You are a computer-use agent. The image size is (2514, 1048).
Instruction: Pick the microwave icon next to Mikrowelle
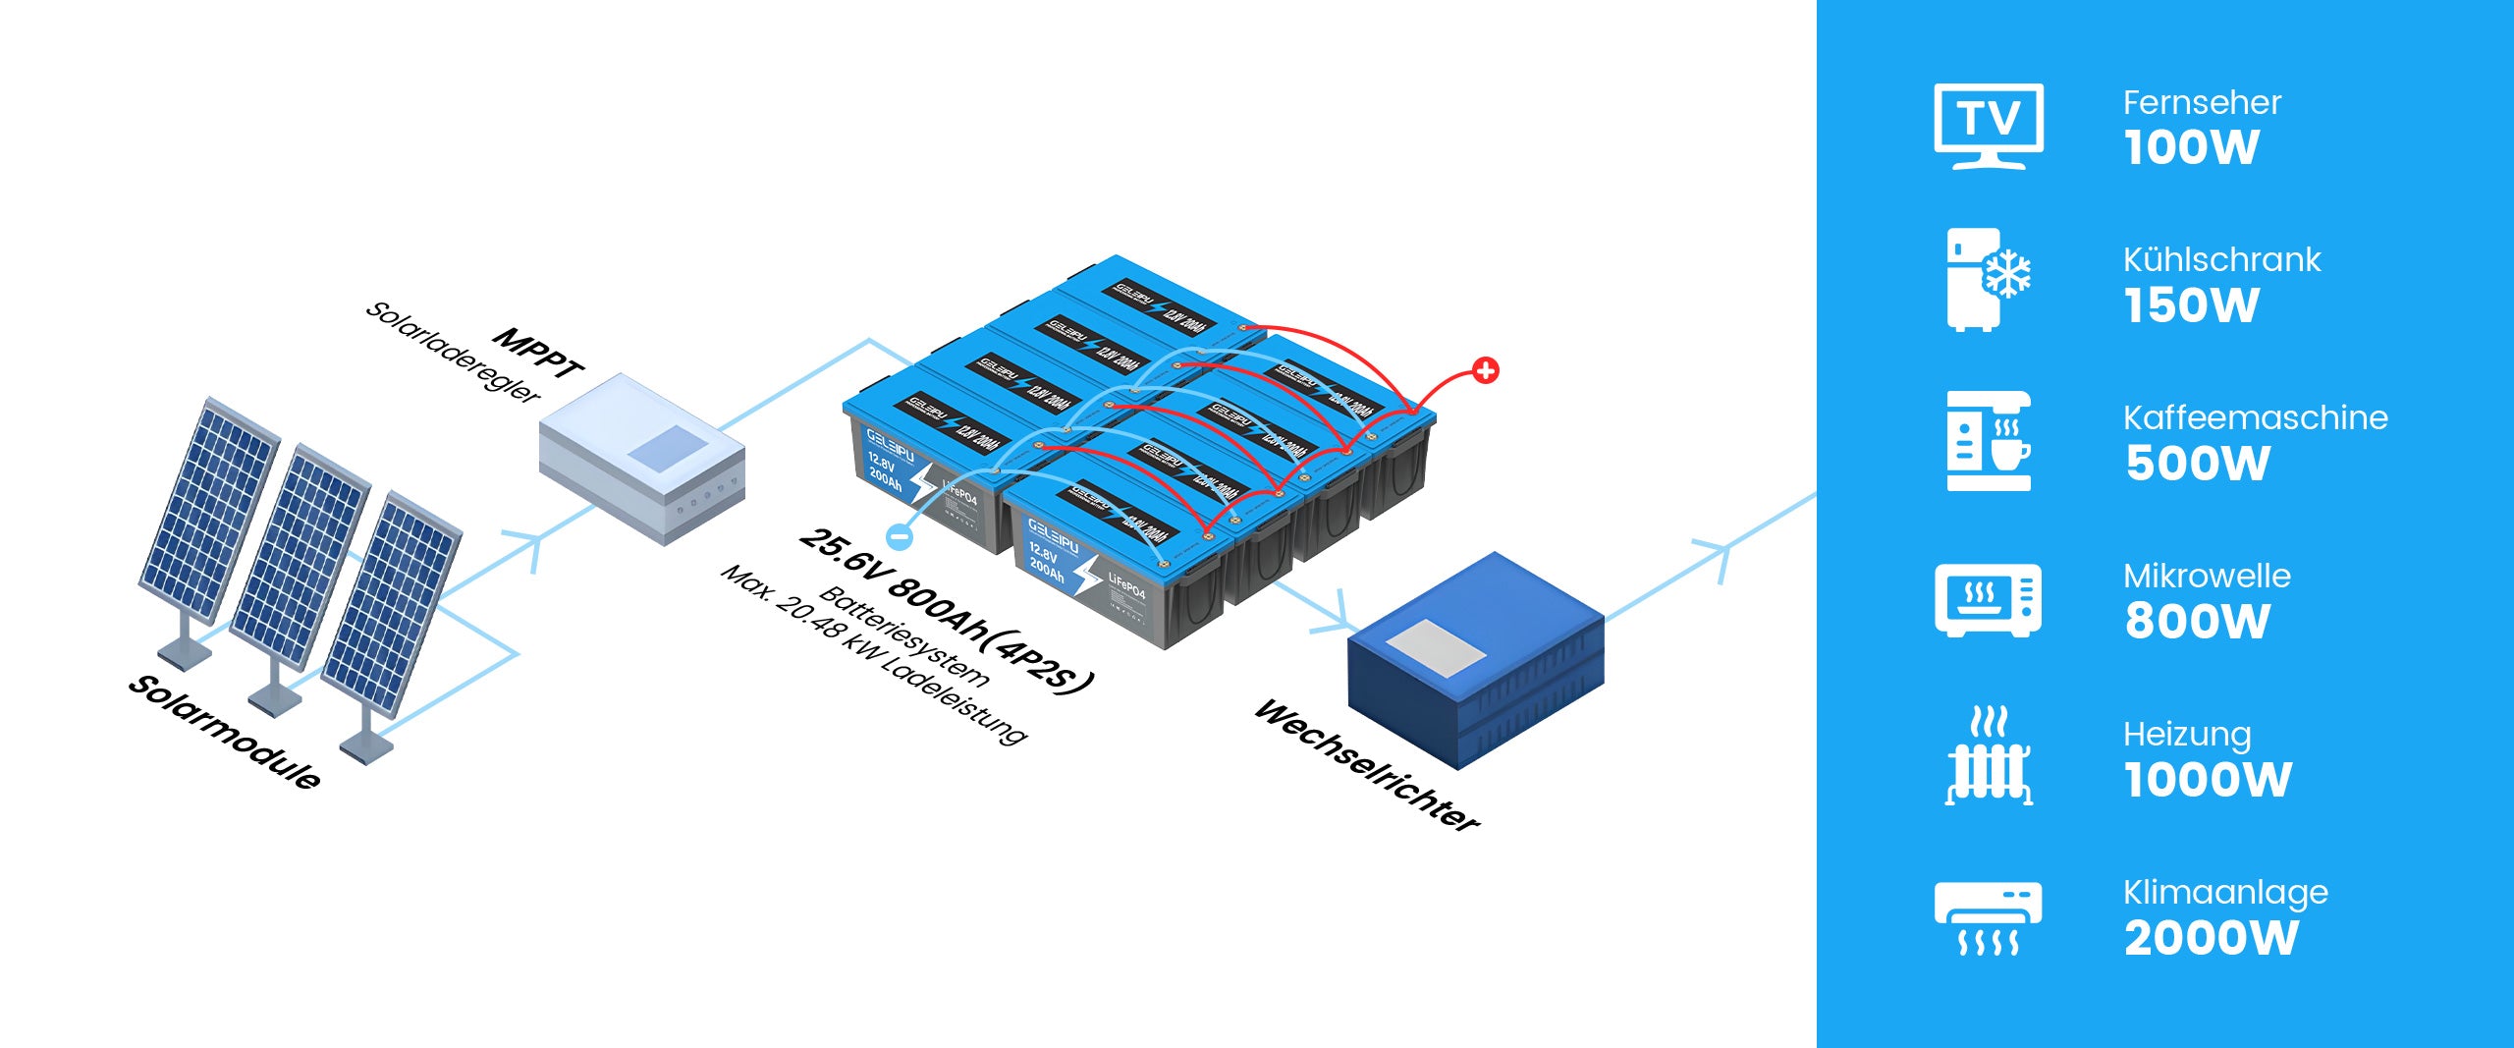point(1989,599)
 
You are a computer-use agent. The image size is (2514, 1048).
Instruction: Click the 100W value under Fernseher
point(2191,148)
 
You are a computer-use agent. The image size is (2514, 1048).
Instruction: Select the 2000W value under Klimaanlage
point(2211,938)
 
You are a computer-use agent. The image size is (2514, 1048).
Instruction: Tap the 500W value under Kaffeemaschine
point(2198,464)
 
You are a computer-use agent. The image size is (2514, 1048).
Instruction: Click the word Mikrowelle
point(2207,576)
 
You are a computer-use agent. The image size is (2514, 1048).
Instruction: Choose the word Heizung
point(2187,734)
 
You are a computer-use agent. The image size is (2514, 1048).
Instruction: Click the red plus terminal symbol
point(1486,371)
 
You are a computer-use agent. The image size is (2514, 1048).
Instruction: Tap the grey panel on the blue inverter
point(1435,647)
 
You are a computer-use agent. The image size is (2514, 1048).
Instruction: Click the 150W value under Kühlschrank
point(2191,305)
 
